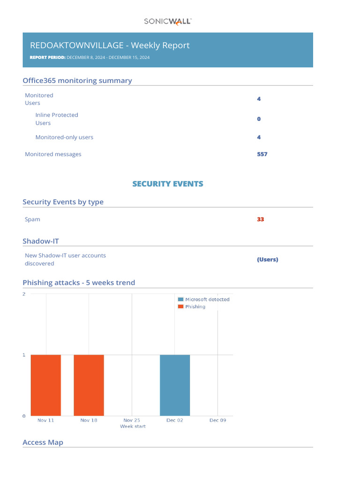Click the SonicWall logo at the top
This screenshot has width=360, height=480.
coord(167,21)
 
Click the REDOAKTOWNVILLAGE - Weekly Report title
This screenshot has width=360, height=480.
coord(110,45)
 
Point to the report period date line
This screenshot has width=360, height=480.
coord(90,57)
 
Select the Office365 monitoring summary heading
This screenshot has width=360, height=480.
coord(77,81)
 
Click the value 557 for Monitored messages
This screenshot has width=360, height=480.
coord(262,154)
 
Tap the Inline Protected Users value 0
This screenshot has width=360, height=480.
coord(259,119)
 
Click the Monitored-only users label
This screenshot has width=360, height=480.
coord(64,137)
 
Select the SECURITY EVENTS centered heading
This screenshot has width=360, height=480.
coord(168,184)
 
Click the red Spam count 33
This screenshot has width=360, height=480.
coord(260,219)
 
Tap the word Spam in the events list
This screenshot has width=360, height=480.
coord(32,219)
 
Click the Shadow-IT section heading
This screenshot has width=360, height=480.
coord(41,241)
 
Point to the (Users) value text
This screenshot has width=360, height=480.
coord(267,259)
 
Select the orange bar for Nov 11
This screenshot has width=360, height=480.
coord(46,385)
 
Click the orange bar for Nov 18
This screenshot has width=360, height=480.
coord(89,385)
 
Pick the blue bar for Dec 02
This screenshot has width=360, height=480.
coord(175,385)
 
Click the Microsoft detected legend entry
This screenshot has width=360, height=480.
coord(204,299)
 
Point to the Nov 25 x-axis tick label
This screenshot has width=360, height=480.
coord(132,420)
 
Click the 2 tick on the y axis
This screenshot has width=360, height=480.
coord(24,294)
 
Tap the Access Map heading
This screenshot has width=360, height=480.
coord(43,442)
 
